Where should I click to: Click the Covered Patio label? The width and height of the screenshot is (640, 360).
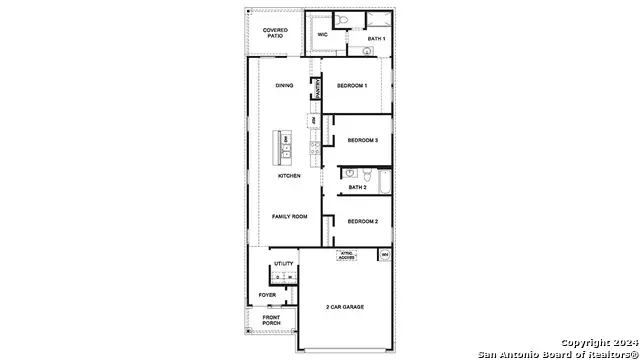pos(275,32)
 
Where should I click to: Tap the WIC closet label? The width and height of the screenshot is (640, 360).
pos(322,35)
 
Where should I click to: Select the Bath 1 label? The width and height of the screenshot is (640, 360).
pos(376,38)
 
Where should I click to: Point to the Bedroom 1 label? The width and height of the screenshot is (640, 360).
pos(352,85)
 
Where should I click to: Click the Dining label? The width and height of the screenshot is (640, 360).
pos(284,85)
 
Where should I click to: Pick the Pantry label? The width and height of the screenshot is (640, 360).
pos(317,92)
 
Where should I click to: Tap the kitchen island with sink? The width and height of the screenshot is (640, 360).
pos(285,147)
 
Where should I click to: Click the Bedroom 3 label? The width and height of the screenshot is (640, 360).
pos(362,141)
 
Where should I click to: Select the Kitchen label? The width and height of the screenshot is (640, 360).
pos(289,176)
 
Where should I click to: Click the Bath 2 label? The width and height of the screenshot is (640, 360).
pos(358,187)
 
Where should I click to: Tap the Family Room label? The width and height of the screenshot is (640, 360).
pos(289,216)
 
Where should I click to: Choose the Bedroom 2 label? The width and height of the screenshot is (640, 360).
pos(362,221)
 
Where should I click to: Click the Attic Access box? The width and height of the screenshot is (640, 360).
pos(348,255)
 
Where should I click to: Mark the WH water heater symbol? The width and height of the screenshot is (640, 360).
pos(384,256)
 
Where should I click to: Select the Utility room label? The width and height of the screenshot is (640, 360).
pos(284,264)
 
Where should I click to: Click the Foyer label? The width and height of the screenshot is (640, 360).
pos(268,295)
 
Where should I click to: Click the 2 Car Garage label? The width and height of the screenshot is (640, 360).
pos(344,306)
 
